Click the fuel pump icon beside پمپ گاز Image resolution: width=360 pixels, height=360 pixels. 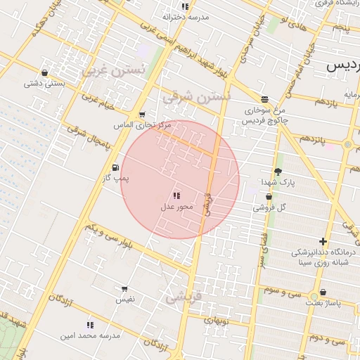[115, 167]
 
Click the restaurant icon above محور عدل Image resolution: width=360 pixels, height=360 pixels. [176, 195]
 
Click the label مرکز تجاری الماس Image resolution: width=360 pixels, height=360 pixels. [143, 125]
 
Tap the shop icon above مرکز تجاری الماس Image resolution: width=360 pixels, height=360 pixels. [142, 115]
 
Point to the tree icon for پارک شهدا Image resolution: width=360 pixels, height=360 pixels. [278, 171]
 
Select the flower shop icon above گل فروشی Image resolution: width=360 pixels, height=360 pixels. [269, 196]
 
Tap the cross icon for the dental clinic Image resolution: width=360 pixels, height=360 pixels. [323, 241]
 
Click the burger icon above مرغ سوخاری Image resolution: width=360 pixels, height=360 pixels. [264, 100]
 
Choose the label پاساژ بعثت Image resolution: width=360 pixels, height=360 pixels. [323, 303]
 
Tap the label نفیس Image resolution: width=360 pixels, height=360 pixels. [124, 300]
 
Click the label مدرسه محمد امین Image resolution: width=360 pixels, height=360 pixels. [90, 335]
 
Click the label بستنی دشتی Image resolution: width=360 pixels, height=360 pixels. [45, 84]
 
